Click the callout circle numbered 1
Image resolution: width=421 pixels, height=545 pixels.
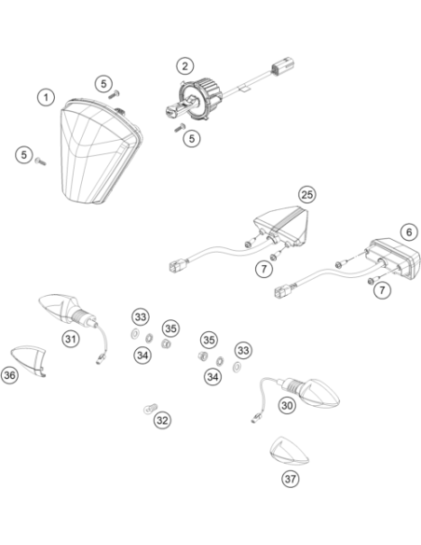click(x=47, y=97)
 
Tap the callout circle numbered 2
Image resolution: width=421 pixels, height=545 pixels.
click(x=184, y=66)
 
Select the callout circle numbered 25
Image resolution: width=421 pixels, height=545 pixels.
click(x=307, y=195)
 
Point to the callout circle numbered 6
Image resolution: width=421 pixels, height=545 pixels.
click(x=409, y=232)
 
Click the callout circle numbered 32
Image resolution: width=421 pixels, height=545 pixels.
click(x=162, y=421)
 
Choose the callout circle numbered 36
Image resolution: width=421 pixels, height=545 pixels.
click(x=9, y=375)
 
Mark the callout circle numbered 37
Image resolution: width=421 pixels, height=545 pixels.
click(x=291, y=479)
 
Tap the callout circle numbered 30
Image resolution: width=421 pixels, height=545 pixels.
click(x=287, y=406)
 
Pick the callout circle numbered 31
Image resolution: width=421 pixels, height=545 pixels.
click(x=71, y=339)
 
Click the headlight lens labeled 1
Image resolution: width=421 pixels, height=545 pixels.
click(x=99, y=151)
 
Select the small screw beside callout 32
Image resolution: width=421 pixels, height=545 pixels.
click(x=150, y=409)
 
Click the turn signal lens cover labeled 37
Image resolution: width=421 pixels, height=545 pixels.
click(x=289, y=451)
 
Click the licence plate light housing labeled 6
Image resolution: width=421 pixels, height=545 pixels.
click(x=394, y=258)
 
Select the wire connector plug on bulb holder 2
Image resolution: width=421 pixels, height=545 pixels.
click(x=283, y=66)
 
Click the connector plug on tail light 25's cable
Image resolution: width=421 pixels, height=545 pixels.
click(x=178, y=267)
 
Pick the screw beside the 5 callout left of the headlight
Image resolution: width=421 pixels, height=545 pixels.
click(x=40, y=161)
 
